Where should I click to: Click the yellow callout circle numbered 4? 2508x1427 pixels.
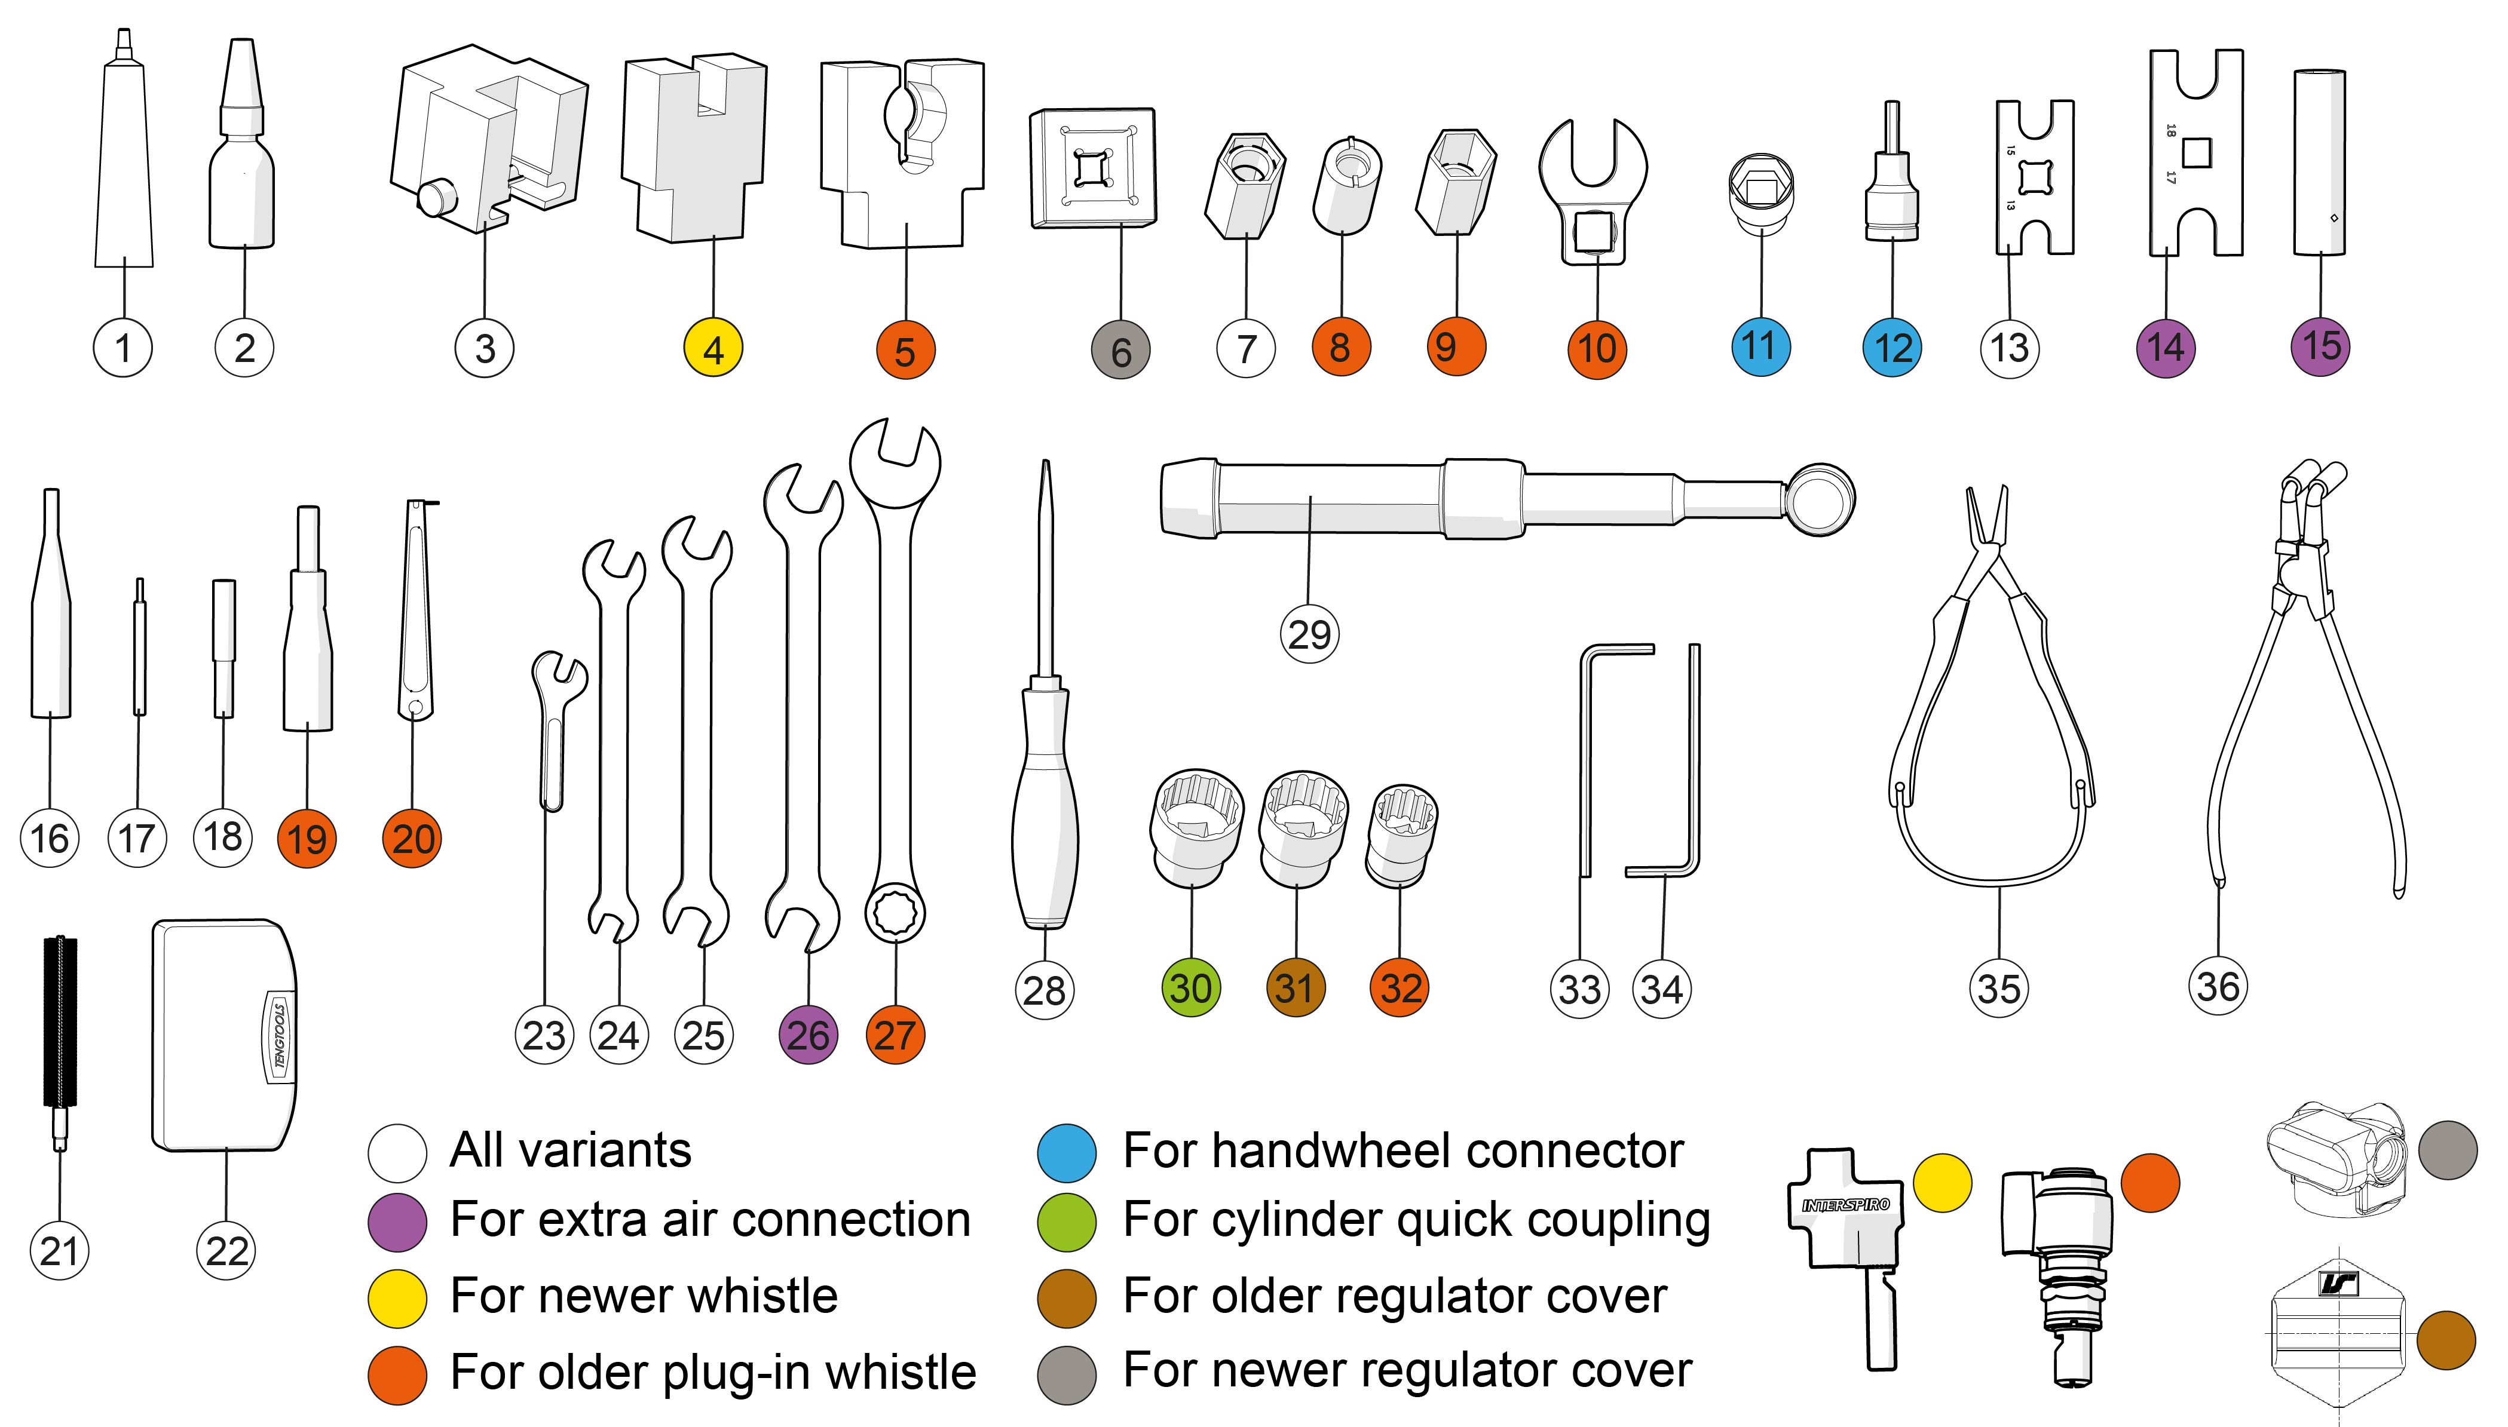click(713, 349)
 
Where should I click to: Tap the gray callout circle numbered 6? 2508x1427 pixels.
click(1120, 351)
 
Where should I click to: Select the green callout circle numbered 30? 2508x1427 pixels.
click(1191, 988)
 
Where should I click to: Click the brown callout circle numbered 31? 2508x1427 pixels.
click(1295, 988)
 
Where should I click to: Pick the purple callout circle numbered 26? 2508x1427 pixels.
click(808, 1035)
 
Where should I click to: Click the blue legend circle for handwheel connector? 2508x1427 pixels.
click(1065, 1153)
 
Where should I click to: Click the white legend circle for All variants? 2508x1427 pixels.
click(397, 1153)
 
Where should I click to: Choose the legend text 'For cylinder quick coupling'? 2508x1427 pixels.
click(1416, 1221)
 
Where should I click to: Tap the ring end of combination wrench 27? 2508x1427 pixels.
click(894, 913)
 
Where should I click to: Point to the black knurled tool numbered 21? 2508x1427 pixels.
click(60, 1029)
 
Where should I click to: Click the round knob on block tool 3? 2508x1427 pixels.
click(435, 197)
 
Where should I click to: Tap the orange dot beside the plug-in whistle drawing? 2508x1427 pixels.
click(2149, 1183)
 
